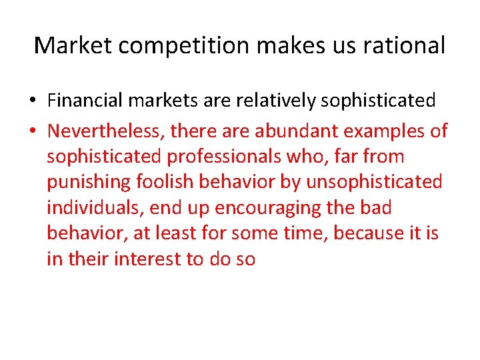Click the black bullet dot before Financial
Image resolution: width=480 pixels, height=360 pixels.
(x=32, y=101)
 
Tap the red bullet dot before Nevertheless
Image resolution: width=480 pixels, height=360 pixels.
(x=32, y=131)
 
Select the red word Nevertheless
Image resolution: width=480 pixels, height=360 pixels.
(x=106, y=131)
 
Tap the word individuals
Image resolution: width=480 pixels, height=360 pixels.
(x=95, y=208)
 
